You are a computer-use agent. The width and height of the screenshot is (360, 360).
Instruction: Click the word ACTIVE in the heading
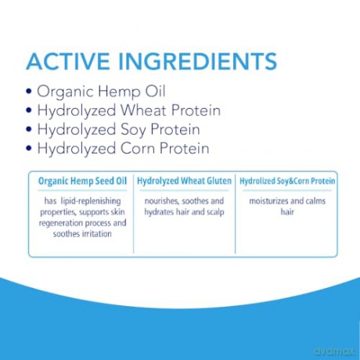pyautogui.click(x=68, y=61)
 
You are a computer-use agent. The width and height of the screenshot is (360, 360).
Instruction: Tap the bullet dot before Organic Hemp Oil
pyautogui.click(x=29, y=92)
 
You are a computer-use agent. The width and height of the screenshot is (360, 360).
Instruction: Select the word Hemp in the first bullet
pyautogui.click(x=120, y=92)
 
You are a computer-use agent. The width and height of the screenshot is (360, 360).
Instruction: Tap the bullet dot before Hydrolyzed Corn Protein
pyautogui.click(x=29, y=149)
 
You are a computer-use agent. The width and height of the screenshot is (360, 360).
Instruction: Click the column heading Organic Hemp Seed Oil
pyautogui.click(x=82, y=181)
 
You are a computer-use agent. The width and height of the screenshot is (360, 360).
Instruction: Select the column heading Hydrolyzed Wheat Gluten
pyautogui.click(x=184, y=181)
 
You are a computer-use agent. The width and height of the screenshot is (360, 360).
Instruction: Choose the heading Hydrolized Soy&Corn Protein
pyautogui.click(x=287, y=181)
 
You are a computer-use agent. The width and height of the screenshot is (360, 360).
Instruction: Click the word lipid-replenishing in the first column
pyautogui.click(x=91, y=201)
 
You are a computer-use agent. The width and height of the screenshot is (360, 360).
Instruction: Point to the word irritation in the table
pyautogui.click(x=97, y=233)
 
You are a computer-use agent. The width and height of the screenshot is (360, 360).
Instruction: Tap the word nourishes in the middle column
pyautogui.click(x=160, y=201)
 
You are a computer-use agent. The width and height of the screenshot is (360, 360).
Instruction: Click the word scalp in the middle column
pyautogui.click(x=215, y=212)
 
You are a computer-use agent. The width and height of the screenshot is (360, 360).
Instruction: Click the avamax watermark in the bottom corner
pyautogui.click(x=334, y=351)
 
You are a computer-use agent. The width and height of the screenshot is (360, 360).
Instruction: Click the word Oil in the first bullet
pyautogui.click(x=155, y=92)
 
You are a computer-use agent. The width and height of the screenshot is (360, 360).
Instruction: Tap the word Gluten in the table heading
pyautogui.click(x=219, y=181)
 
